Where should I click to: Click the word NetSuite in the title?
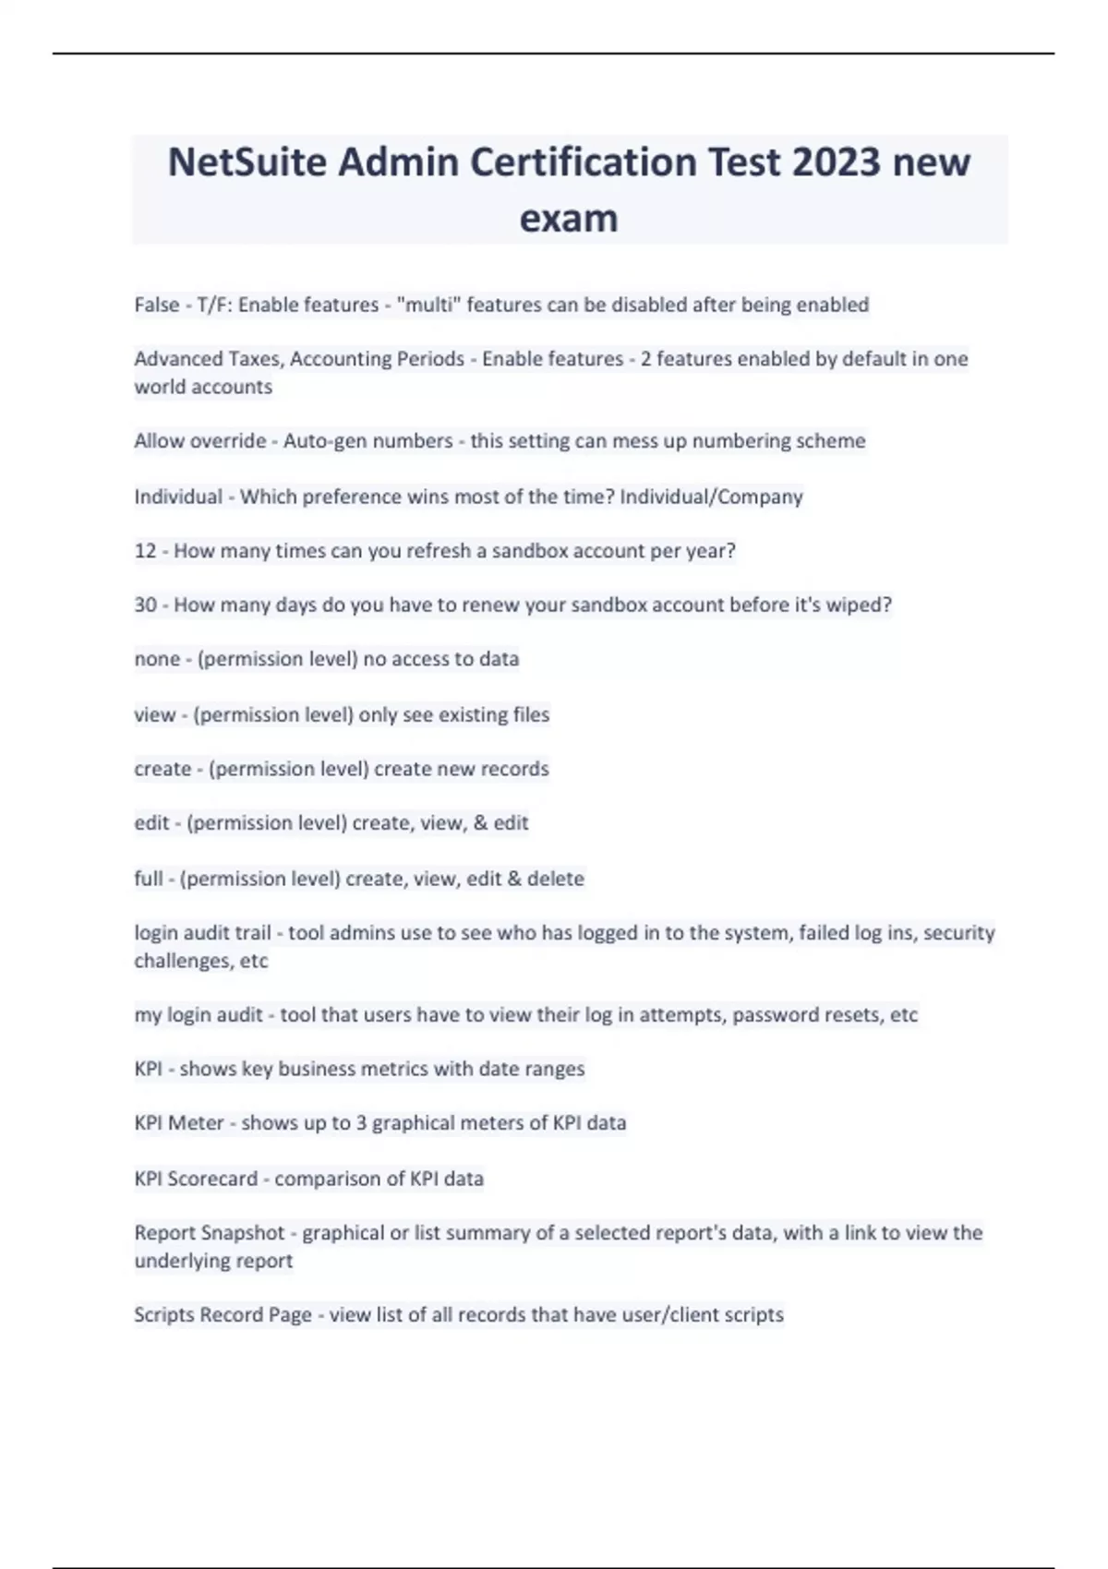pos(247,162)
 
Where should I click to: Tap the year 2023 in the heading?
pos(835,162)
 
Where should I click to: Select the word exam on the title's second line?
pos(569,219)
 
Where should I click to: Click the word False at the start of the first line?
pos(157,305)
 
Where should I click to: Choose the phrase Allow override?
pos(199,441)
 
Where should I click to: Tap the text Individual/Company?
pos(711,497)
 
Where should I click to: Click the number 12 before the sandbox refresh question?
pos(145,551)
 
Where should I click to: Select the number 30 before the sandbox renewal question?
pos(145,605)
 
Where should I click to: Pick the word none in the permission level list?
pos(157,659)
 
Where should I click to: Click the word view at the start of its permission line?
pos(154,714)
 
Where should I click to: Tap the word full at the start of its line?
pos(148,879)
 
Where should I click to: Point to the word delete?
pos(555,879)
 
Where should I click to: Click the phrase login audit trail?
pos(202,933)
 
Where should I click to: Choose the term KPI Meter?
pos(179,1123)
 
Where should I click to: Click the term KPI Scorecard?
pos(196,1179)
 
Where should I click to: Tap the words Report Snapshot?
pos(210,1233)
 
